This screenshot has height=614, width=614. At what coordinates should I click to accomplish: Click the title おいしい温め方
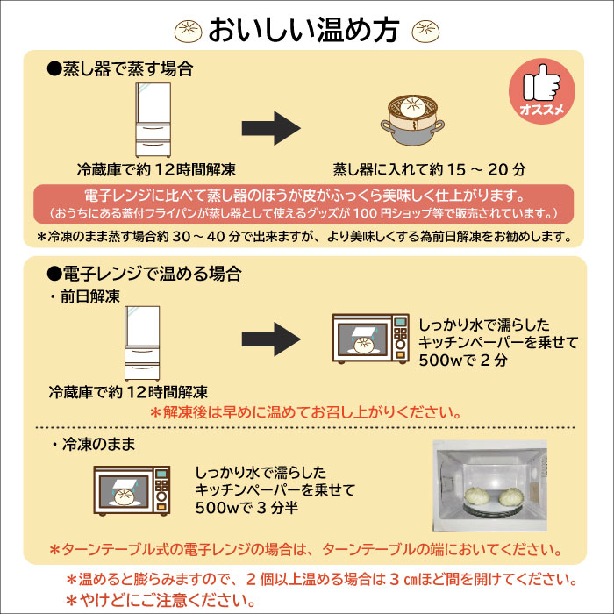point(303,30)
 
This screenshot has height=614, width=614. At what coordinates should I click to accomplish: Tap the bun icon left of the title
point(188,31)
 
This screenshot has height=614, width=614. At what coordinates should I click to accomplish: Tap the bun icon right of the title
point(425,31)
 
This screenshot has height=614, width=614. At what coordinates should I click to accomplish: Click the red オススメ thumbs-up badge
point(541,91)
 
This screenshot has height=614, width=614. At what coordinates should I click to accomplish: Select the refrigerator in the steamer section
point(153,120)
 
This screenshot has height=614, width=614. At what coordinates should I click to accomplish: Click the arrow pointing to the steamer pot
point(271,128)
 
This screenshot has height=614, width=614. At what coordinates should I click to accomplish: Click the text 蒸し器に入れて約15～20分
point(430,169)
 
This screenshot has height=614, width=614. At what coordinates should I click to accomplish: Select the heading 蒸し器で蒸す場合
point(120,69)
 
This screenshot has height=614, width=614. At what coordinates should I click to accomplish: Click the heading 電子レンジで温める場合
point(144,274)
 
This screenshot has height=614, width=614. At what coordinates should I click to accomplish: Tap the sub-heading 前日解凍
point(85,296)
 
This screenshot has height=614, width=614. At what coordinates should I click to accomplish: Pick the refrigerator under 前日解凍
point(142,344)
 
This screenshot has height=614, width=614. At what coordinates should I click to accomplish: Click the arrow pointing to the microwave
point(271,339)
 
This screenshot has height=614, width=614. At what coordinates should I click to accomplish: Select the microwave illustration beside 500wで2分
point(370,339)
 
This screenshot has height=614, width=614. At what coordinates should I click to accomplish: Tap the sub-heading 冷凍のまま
point(94,444)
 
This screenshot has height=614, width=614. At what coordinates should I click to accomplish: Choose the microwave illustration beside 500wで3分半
point(132,491)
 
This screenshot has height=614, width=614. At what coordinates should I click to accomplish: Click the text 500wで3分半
point(247,508)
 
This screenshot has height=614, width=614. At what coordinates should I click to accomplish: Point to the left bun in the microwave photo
point(477,496)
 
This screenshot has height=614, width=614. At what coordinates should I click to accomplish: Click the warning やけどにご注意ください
point(161,600)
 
